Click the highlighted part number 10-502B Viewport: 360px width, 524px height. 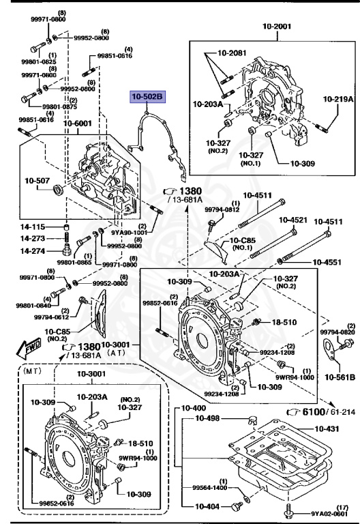coord(147,98)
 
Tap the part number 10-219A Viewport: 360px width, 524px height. coord(338,99)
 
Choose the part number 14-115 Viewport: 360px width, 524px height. coord(32,227)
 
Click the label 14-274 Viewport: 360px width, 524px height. coord(32,251)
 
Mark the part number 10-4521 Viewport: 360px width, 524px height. coord(292,220)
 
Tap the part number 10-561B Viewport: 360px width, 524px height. coord(339,376)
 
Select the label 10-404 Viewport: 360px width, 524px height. coord(209,506)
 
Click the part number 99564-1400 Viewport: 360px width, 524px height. coord(209,486)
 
